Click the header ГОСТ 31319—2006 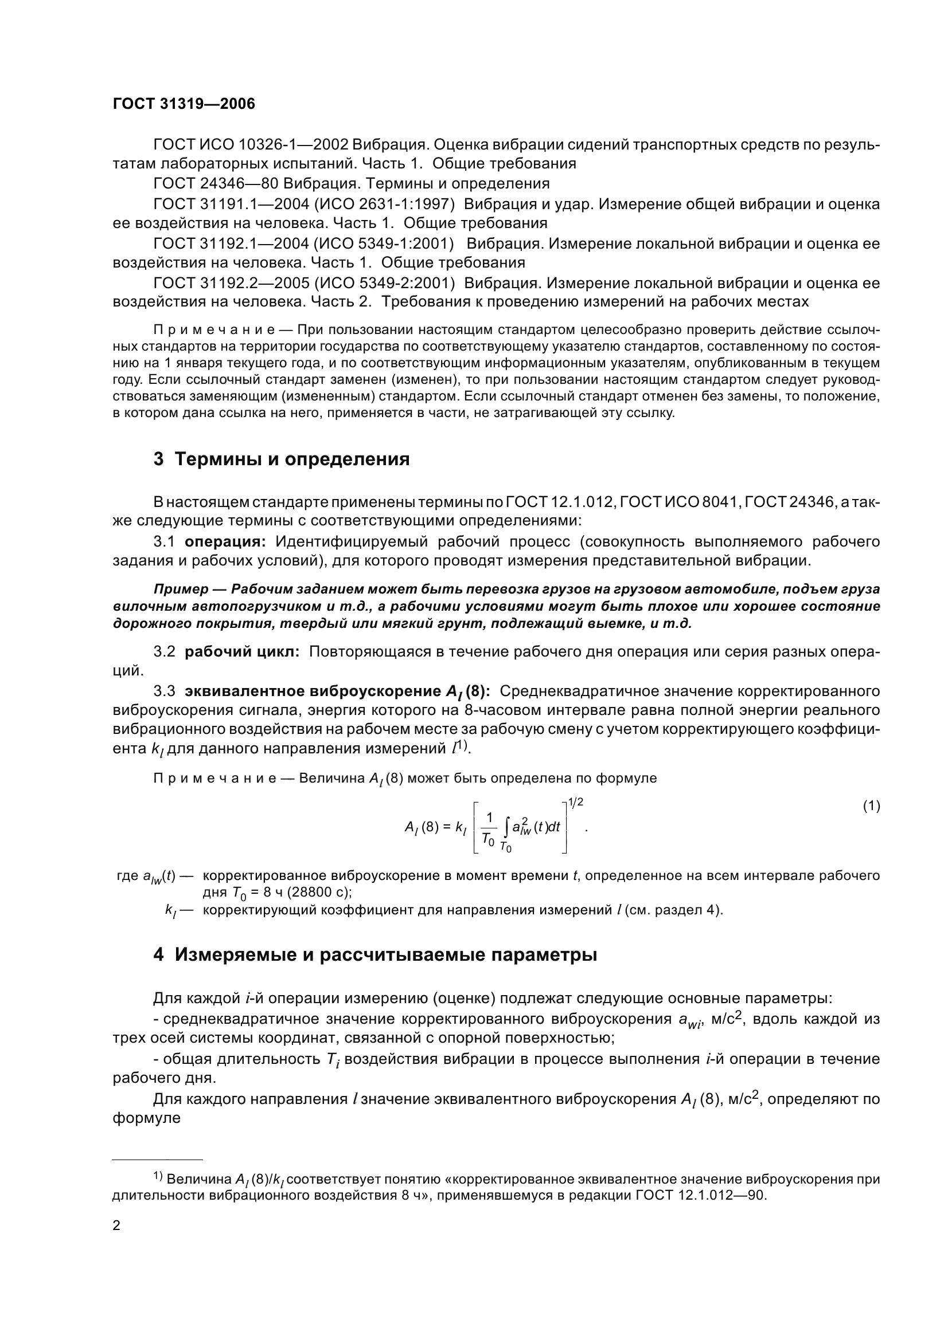tap(184, 104)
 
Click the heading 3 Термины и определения tap(281, 459)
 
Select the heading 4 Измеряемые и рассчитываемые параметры tap(374, 955)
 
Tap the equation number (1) tap(871, 806)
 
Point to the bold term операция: tap(225, 541)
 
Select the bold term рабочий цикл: tap(242, 652)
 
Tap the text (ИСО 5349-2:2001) tap(384, 283)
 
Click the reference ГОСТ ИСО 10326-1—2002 tap(251, 144)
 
